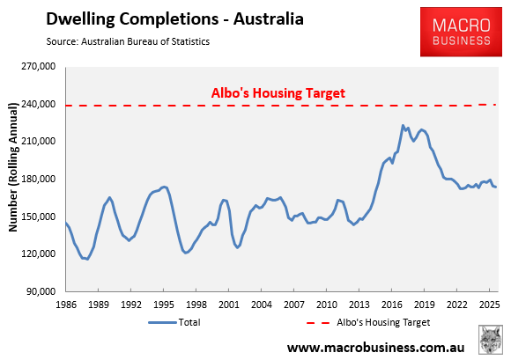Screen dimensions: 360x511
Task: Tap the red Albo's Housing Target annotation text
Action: (277, 92)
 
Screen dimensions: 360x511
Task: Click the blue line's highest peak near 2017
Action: (403, 126)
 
